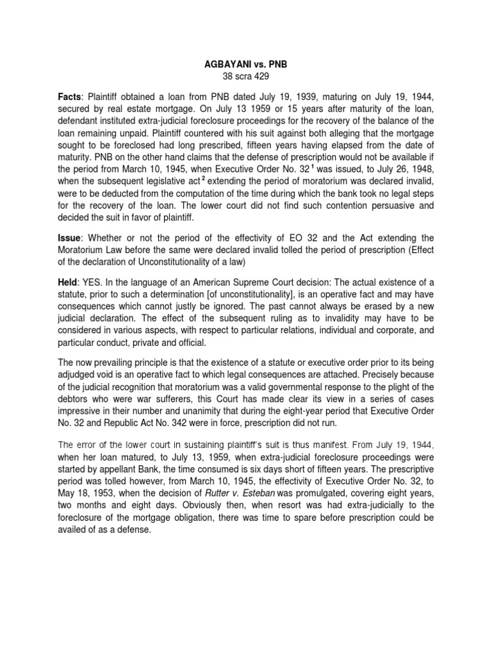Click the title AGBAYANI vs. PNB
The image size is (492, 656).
pyautogui.click(x=247, y=65)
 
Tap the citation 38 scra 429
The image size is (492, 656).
pyautogui.click(x=247, y=78)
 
